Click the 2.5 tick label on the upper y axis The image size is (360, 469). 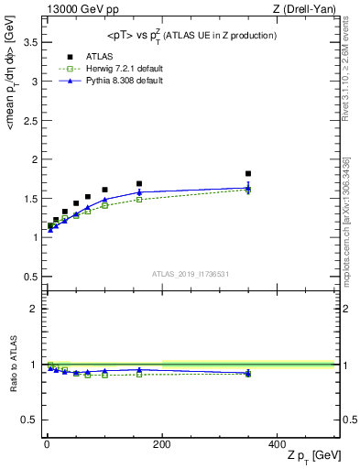pos(29,120)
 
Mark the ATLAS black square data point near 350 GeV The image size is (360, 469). pos(248,173)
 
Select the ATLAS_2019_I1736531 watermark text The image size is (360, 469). pos(191,273)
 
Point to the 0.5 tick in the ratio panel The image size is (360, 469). pos(29,420)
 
